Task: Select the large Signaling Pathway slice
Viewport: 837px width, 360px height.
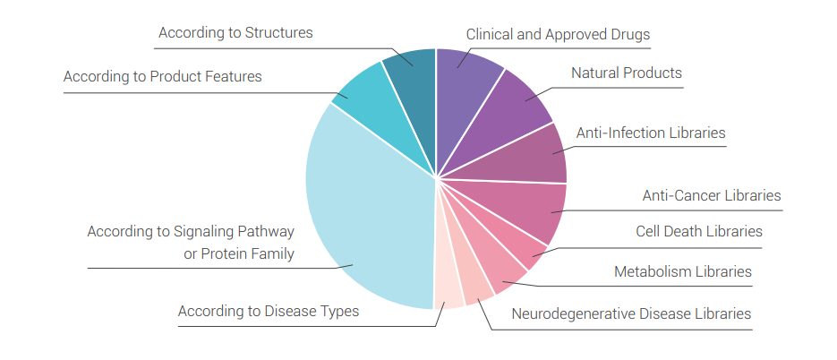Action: [x=367, y=215]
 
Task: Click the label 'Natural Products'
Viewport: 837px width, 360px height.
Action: [x=627, y=73]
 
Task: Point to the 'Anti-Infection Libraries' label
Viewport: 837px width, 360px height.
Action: [x=650, y=133]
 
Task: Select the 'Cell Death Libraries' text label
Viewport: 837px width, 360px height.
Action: [x=699, y=232]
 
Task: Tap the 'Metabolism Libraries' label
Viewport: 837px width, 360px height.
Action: [x=682, y=271]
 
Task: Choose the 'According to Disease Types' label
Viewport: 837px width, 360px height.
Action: [x=269, y=312]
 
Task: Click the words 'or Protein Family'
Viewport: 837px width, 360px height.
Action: [x=238, y=254]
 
